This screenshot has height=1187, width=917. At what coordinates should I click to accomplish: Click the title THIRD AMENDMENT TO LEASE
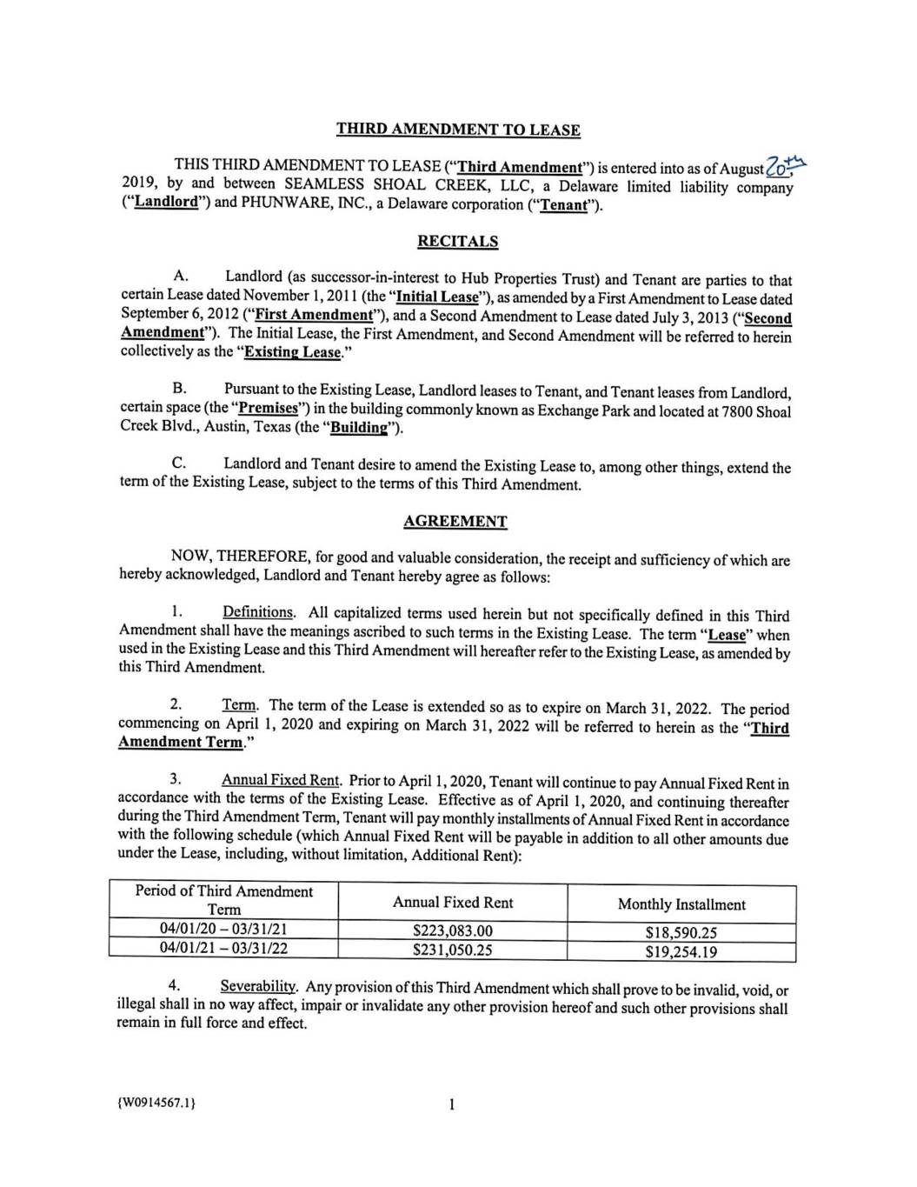tap(458, 130)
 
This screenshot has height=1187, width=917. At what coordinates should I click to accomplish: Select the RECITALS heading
tap(458, 241)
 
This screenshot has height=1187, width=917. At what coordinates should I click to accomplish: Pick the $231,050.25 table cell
tap(452, 950)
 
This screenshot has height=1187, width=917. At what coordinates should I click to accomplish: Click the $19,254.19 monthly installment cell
tap(681, 951)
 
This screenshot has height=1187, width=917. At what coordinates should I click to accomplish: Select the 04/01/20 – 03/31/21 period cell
tap(223, 929)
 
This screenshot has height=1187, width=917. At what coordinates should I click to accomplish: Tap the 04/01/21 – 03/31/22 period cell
tap(223, 948)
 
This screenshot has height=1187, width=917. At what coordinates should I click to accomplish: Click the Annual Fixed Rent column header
tap(452, 903)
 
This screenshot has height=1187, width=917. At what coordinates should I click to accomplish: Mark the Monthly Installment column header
tap(681, 904)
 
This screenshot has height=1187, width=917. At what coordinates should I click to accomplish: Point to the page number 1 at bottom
tap(452, 1104)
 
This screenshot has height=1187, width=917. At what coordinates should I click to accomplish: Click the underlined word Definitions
tap(258, 612)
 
